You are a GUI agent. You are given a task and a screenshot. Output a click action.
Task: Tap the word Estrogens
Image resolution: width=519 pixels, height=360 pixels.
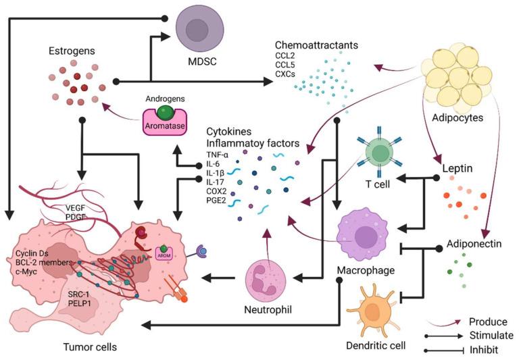click(x=72, y=51)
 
